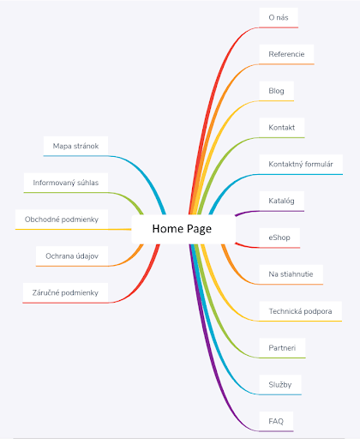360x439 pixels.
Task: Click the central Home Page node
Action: (x=183, y=229)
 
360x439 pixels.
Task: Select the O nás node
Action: (x=279, y=18)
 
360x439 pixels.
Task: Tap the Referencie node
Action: (x=286, y=54)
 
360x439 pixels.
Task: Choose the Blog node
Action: (x=276, y=91)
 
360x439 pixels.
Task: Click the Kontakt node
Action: (x=282, y=128)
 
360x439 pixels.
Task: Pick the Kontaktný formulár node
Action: (x=301, y=165)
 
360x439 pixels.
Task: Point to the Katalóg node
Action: (x=281, y=201)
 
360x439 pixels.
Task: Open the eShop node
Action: (x=279, y=238)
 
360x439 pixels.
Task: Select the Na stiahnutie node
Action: (x=291, y=274)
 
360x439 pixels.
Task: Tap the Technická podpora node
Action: (x=300, y=311)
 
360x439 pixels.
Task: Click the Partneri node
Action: (x=282, y=348)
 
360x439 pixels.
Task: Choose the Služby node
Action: (x=280, y=385)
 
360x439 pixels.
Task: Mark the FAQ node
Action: (x=276, y=421)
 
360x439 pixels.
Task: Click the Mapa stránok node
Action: (x=75, y=146)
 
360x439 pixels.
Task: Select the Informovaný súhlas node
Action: (x=66, y=183)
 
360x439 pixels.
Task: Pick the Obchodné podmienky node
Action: (x=62, y=219)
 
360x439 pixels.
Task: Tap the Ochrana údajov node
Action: (x=72, y=256)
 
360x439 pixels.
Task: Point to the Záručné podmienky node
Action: (x=65, y=292)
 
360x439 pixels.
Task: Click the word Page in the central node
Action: (x=199, y=229)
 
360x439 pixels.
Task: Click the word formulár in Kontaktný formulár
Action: (x=319, y=165)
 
